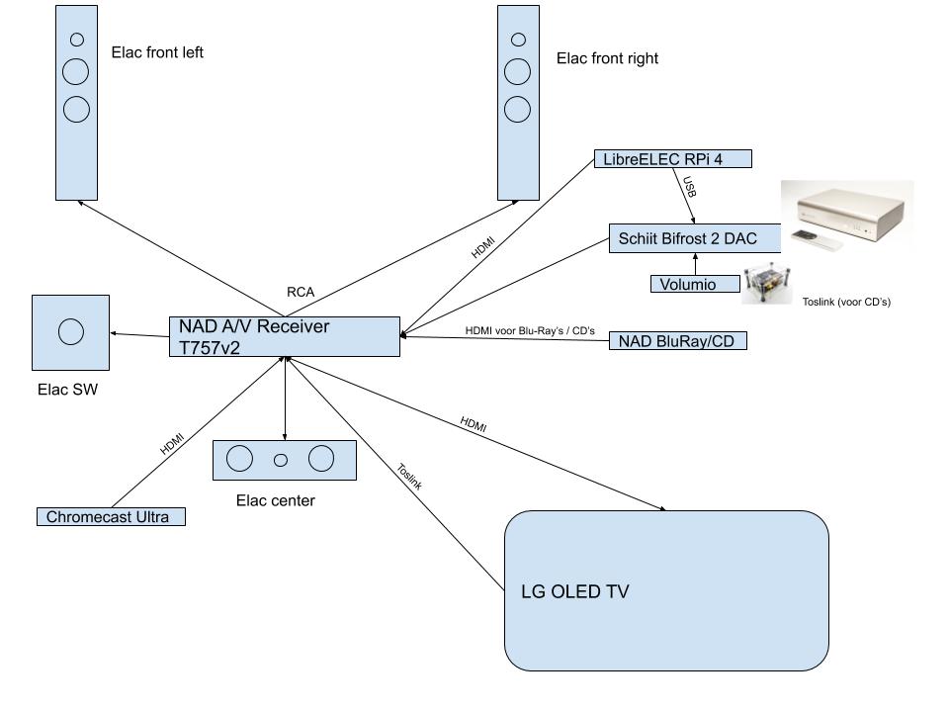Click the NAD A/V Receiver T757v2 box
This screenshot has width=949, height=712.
click(x=285, y=336)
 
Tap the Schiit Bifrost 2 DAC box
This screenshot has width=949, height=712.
click(x=695, y=238)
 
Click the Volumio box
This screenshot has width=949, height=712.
click(x=697, y=285)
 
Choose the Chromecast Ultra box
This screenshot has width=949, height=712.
click(x=111, y=517)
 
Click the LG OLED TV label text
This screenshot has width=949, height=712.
click(x=575, y=592)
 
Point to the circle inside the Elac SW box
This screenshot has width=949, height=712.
click(x=71, y=332)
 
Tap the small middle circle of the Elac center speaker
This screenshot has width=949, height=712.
click(x=281, y=459)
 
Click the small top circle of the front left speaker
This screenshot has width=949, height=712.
click(x=76, y=41)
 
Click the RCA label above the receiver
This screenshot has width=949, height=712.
click(x=301, y=292)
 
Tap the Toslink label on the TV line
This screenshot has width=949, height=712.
click(x=409, y=477)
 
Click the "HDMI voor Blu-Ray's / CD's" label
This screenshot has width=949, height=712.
click(x=530, y=330)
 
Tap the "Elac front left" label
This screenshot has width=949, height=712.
click(x=157, y=52)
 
